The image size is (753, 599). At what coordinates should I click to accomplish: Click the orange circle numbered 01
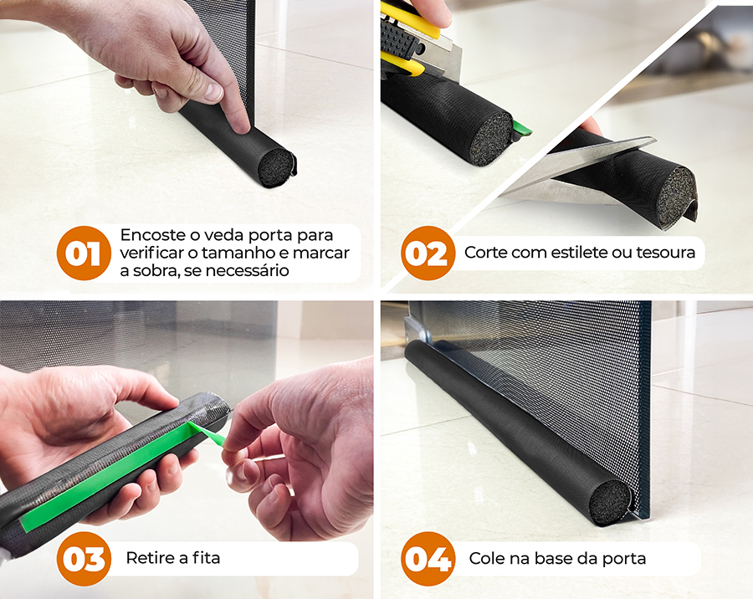tap(84, 253)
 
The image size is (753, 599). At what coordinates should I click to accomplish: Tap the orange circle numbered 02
tap(428, 253)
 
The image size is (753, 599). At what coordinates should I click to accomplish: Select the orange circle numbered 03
tap(84, 559)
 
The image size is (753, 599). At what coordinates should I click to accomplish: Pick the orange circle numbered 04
tap(428, 559)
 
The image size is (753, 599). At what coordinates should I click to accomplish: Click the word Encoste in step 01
tap(153, 235)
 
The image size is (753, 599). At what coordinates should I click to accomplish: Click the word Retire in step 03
tap(151, 558)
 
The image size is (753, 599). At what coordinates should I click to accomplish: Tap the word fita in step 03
tap(206, 558)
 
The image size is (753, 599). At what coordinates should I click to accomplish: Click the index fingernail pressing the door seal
tap(241, 126)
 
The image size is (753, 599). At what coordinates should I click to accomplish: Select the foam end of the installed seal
tap(610, 502)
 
